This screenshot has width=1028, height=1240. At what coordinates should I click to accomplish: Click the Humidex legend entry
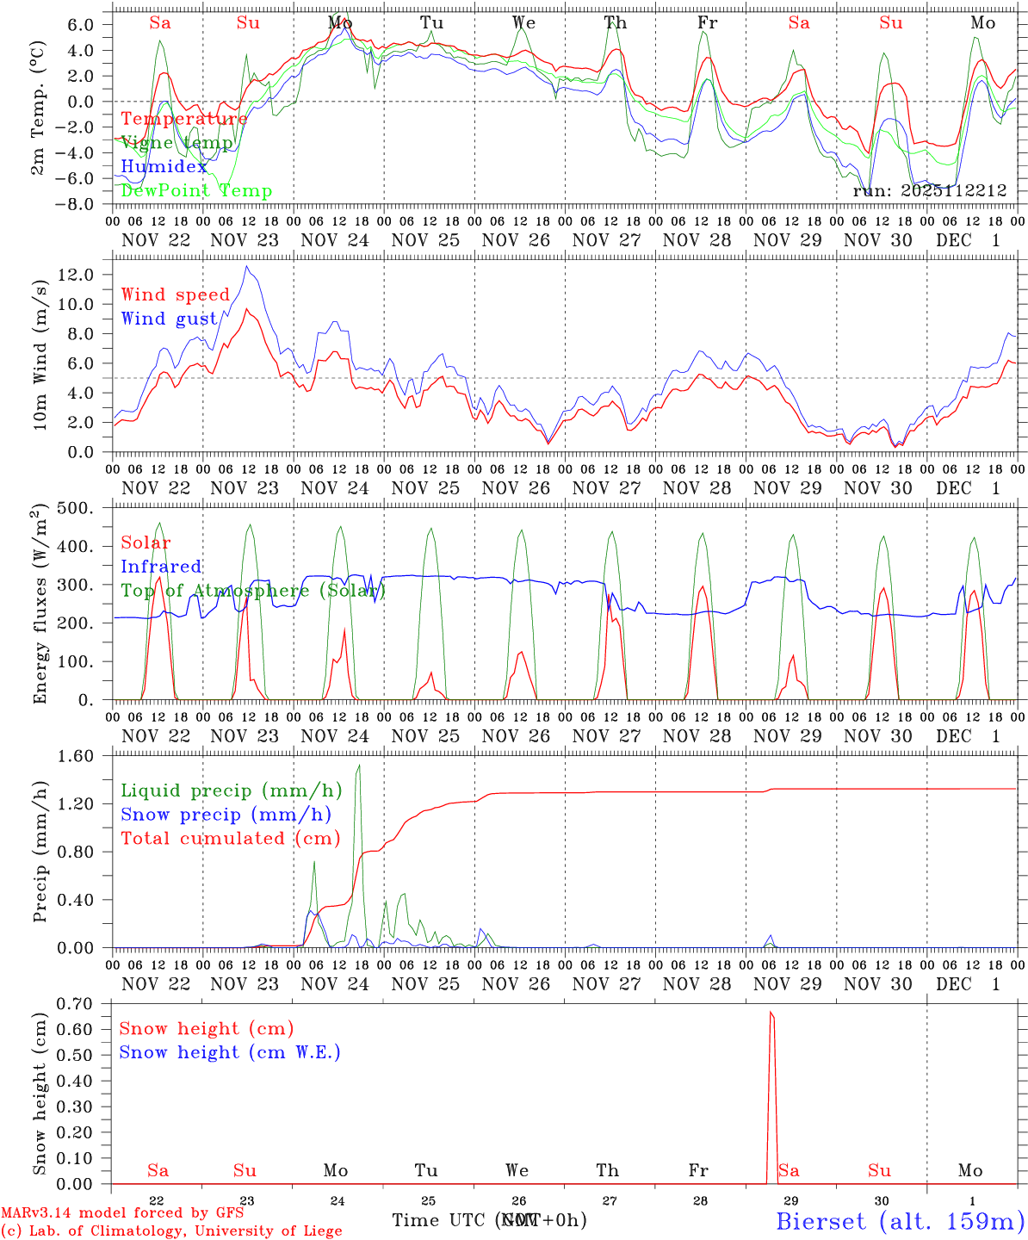tap(164, 167)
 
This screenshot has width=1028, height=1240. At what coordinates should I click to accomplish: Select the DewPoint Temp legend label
tap(196, 191)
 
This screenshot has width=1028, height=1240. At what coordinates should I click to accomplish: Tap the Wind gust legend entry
tap(170, 319)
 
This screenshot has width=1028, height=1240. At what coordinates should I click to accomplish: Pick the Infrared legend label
tap(161, 567)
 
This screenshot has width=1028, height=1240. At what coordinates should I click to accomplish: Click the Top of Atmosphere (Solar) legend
tap(253, 591)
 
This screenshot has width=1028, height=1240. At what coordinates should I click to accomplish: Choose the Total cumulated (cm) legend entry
tap(230, 838)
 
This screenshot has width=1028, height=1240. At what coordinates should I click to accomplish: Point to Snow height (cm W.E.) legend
tap(230, 1052)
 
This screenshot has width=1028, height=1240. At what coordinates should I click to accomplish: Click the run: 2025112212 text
tap(929, 191)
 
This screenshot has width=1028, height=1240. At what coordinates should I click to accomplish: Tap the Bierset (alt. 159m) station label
tap(899, 1220)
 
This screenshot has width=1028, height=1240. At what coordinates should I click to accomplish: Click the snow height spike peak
tap(771, 1013)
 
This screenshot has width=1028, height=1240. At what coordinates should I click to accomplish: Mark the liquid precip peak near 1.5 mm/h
tap(359, 766)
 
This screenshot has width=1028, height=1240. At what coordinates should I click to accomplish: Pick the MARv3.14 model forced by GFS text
tap(122, 1213)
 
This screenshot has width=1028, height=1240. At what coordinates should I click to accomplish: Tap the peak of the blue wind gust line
tap(246, 266)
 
